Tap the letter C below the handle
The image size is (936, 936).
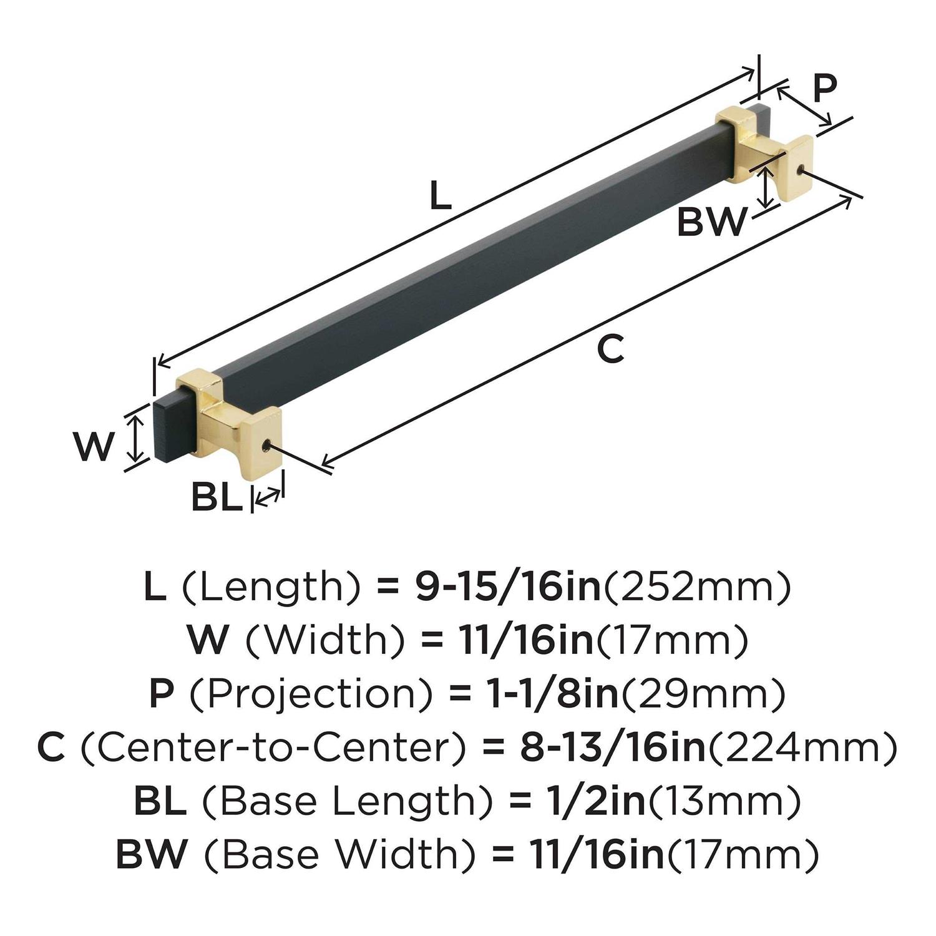pos(610,349)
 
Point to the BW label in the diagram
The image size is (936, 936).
pos(711,222)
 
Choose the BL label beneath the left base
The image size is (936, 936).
pos(216,497)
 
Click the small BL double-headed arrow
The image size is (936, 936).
pos(268,497)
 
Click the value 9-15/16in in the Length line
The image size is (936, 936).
pos(507,587)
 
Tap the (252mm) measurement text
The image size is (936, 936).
pos(696,587)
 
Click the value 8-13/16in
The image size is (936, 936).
pos(612,748)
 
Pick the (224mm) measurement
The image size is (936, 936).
pos(802,748)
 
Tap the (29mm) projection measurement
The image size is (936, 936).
pos(702,695)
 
